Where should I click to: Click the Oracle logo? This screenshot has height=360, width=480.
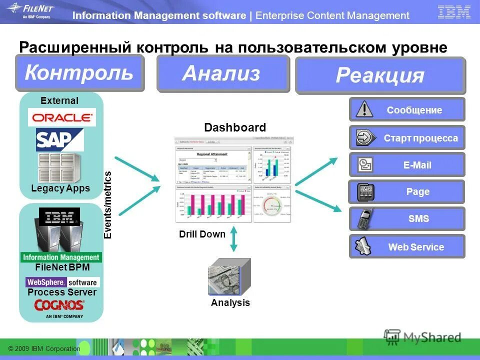[x=62, y=118]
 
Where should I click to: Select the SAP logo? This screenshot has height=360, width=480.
[x=59, y=140]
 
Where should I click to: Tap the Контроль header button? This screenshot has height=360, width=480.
[x=79, y=73]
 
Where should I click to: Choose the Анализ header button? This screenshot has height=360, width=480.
[x=222, y=74]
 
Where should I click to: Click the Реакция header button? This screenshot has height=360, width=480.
[x=380, y=75]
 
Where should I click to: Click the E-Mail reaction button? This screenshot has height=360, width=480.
[x=406, y=165]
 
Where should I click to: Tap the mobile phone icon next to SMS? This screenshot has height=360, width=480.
[x=365, y=219]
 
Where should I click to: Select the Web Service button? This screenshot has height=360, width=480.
[x=406, y=246]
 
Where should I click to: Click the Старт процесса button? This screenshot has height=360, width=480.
[x=406, y=138]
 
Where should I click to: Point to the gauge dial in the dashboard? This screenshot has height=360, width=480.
[x=273, y=205]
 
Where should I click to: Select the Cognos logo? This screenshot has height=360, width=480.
[x=59, y=306]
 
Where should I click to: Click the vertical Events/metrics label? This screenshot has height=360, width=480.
[x=107, y=205]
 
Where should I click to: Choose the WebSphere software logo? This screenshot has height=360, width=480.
[x=62, y=282]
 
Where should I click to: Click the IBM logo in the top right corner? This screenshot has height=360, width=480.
[x=453, y=12]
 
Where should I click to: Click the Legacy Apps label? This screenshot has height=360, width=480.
[x=60, y=188]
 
